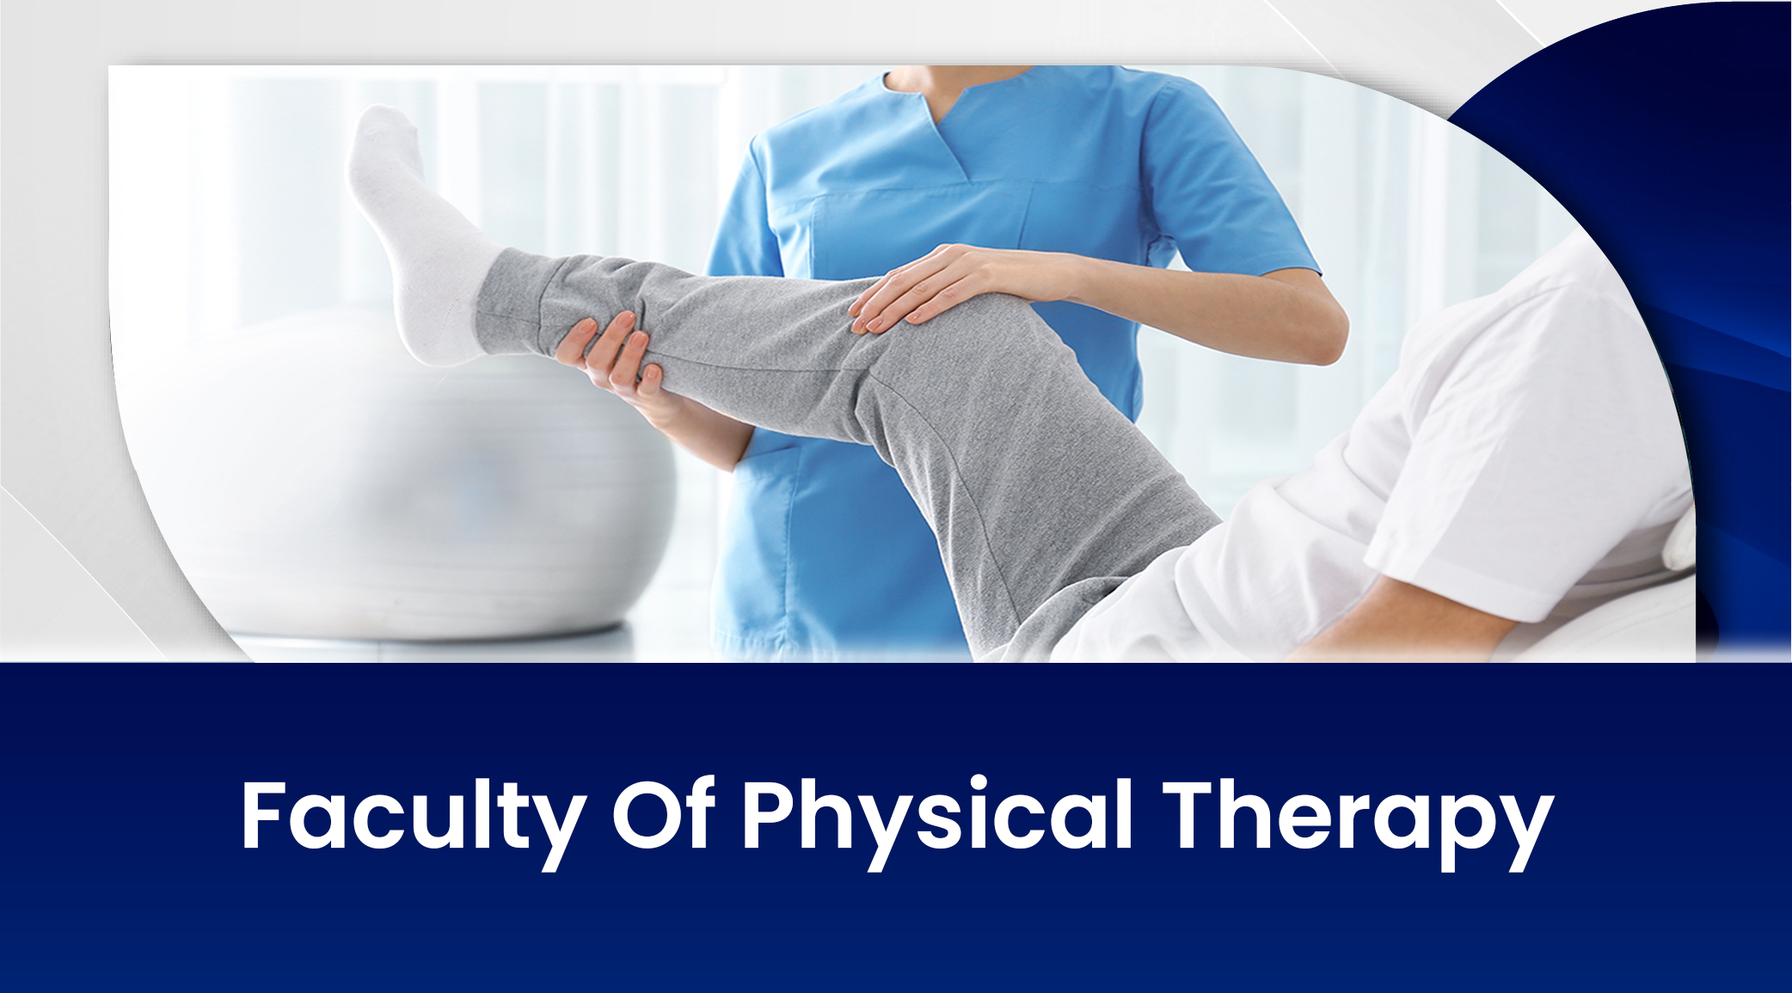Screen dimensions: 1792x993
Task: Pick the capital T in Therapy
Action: (1190, 815)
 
